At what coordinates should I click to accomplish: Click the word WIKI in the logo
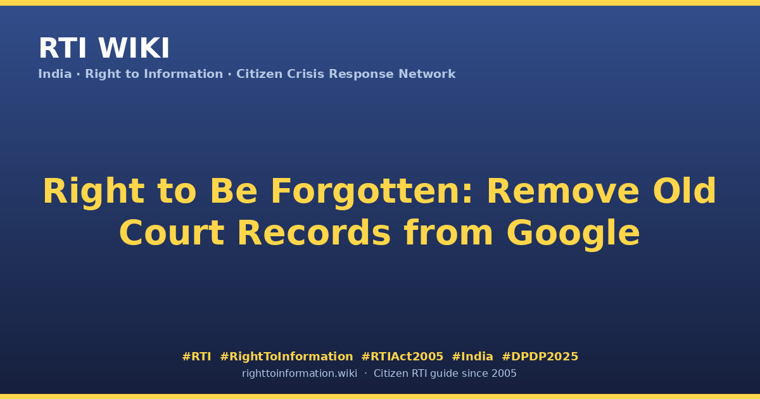134,48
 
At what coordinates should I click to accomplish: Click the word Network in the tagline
427,74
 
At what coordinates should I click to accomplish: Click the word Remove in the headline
563,191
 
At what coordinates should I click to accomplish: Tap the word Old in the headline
685,191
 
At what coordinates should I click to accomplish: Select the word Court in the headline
172,233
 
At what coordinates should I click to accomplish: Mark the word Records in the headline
314,233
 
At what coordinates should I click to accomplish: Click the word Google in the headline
573,234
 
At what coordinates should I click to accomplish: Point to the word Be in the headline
234,191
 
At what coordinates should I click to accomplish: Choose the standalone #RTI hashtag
196,357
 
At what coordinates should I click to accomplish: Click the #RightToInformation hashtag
286,357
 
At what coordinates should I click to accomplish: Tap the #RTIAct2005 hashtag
402,357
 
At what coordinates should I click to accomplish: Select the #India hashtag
472,357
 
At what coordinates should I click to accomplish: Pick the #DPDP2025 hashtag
540,357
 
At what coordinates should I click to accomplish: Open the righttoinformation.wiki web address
300,374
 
